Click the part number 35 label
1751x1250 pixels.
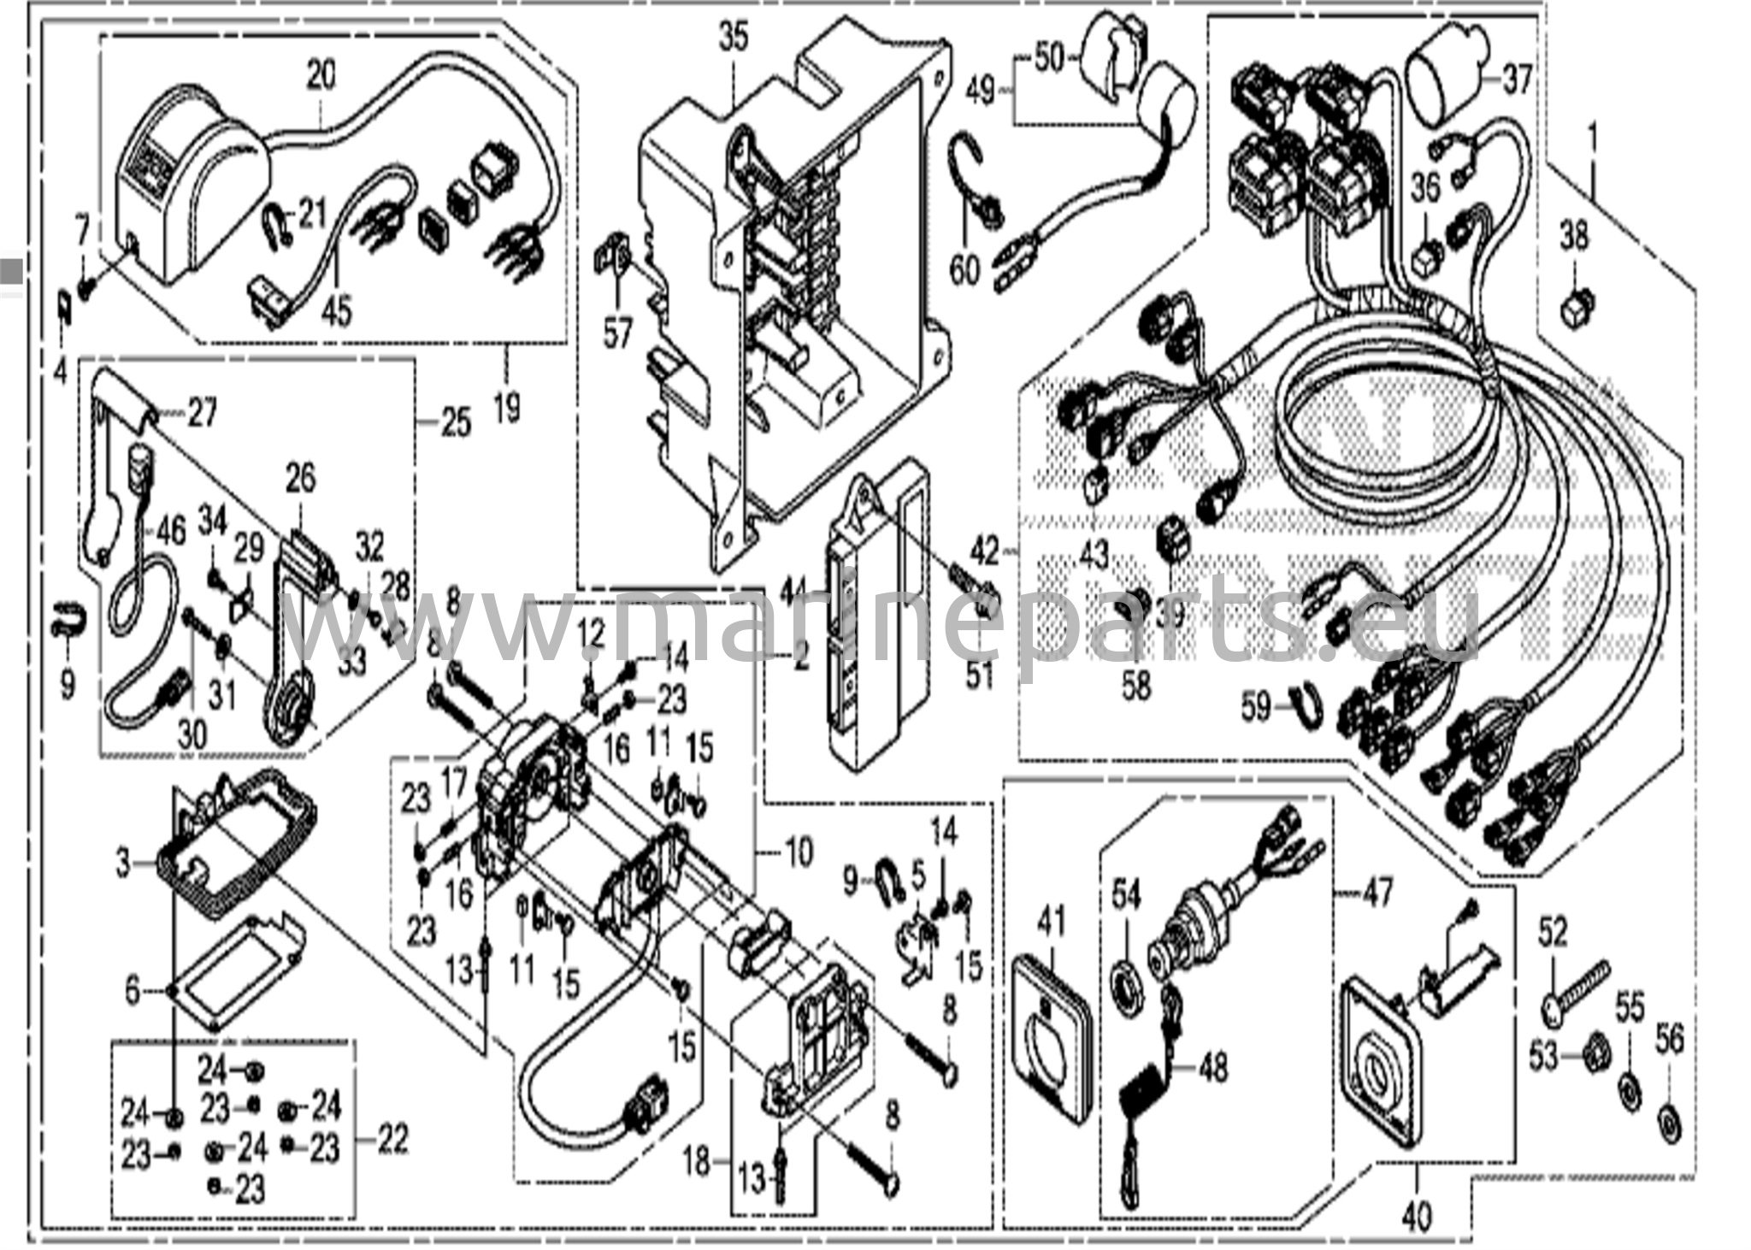click(x=733, y=37)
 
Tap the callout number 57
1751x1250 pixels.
click(x=617, y=333)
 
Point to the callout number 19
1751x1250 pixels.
click(x=506, y=407)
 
